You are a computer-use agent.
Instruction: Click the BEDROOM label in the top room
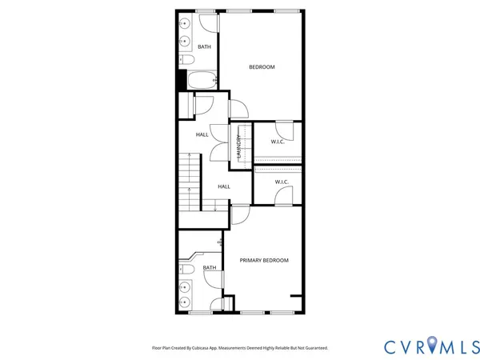262,67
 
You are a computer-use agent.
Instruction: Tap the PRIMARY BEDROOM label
264,260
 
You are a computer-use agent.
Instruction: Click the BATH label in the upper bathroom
204,46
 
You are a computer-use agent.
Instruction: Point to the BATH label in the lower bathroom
209,268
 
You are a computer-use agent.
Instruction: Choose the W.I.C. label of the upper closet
278,142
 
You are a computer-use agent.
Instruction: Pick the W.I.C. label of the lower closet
282,182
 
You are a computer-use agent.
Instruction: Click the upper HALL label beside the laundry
202,134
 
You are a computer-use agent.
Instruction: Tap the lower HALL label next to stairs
224,186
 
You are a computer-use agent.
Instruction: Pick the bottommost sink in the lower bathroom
185,302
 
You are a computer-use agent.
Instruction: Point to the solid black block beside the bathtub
182,80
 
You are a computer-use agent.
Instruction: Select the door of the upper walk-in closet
283,128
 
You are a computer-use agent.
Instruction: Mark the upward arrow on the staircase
189,190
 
